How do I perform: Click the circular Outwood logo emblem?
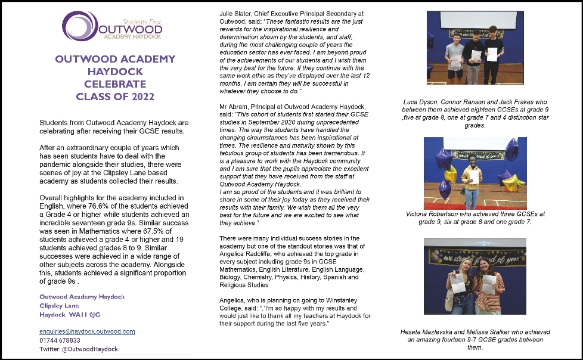tap(78, 26)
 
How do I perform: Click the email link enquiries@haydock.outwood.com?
tap(87, 331)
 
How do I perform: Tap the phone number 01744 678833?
tap(60, 340)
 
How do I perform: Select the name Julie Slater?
tap(235, 13)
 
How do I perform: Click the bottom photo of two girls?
tap(475, 276)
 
